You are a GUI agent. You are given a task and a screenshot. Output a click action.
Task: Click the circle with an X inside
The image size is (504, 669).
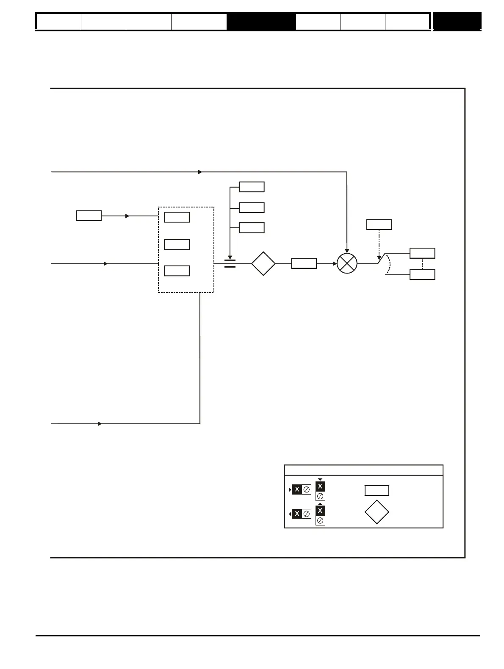(x=347, y=263)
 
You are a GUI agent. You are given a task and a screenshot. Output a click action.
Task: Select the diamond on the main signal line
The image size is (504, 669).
(x=263, y=263)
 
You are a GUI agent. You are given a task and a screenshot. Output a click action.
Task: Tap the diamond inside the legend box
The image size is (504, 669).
(x=377, y=512)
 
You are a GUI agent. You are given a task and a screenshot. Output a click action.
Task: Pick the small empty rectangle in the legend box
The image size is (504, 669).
(x=377, y=490)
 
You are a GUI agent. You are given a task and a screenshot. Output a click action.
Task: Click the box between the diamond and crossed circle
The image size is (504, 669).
(x=304, y=263)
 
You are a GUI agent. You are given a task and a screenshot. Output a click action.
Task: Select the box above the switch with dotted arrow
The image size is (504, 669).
(x=379, y=224)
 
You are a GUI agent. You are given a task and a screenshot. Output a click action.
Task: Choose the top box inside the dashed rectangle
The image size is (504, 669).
(x=177, y=217)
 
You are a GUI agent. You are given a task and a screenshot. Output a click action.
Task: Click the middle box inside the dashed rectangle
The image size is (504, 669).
(x=177, y=244)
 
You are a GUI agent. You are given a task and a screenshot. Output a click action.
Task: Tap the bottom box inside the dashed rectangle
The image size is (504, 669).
(x=177, y=271)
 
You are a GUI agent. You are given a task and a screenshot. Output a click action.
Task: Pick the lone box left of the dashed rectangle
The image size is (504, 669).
(x=89, y=216)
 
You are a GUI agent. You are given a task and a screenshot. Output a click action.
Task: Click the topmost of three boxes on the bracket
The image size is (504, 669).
(x=252, y=187)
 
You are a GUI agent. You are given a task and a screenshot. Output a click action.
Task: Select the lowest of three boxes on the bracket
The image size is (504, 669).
(x=252, y=227)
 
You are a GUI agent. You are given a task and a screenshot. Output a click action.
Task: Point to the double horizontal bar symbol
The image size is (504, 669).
(x=230, y=263)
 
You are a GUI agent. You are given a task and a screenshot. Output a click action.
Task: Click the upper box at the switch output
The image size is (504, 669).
(x=422, y=253)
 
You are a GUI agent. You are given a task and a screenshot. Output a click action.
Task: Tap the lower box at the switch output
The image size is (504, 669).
(x=422, y=274)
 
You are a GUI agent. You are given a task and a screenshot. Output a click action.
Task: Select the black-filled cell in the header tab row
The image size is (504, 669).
(x=261, y=22)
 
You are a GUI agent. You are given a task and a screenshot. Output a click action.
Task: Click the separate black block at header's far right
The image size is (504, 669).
(x=457, y=22)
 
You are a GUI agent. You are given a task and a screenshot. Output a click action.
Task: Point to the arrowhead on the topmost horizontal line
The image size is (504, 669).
(x=200, y=172)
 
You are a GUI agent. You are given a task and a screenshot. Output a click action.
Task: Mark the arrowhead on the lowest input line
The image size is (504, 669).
(x=100, y=423)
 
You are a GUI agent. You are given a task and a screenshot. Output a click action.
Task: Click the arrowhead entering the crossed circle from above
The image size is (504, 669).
(x=347, y=251)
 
